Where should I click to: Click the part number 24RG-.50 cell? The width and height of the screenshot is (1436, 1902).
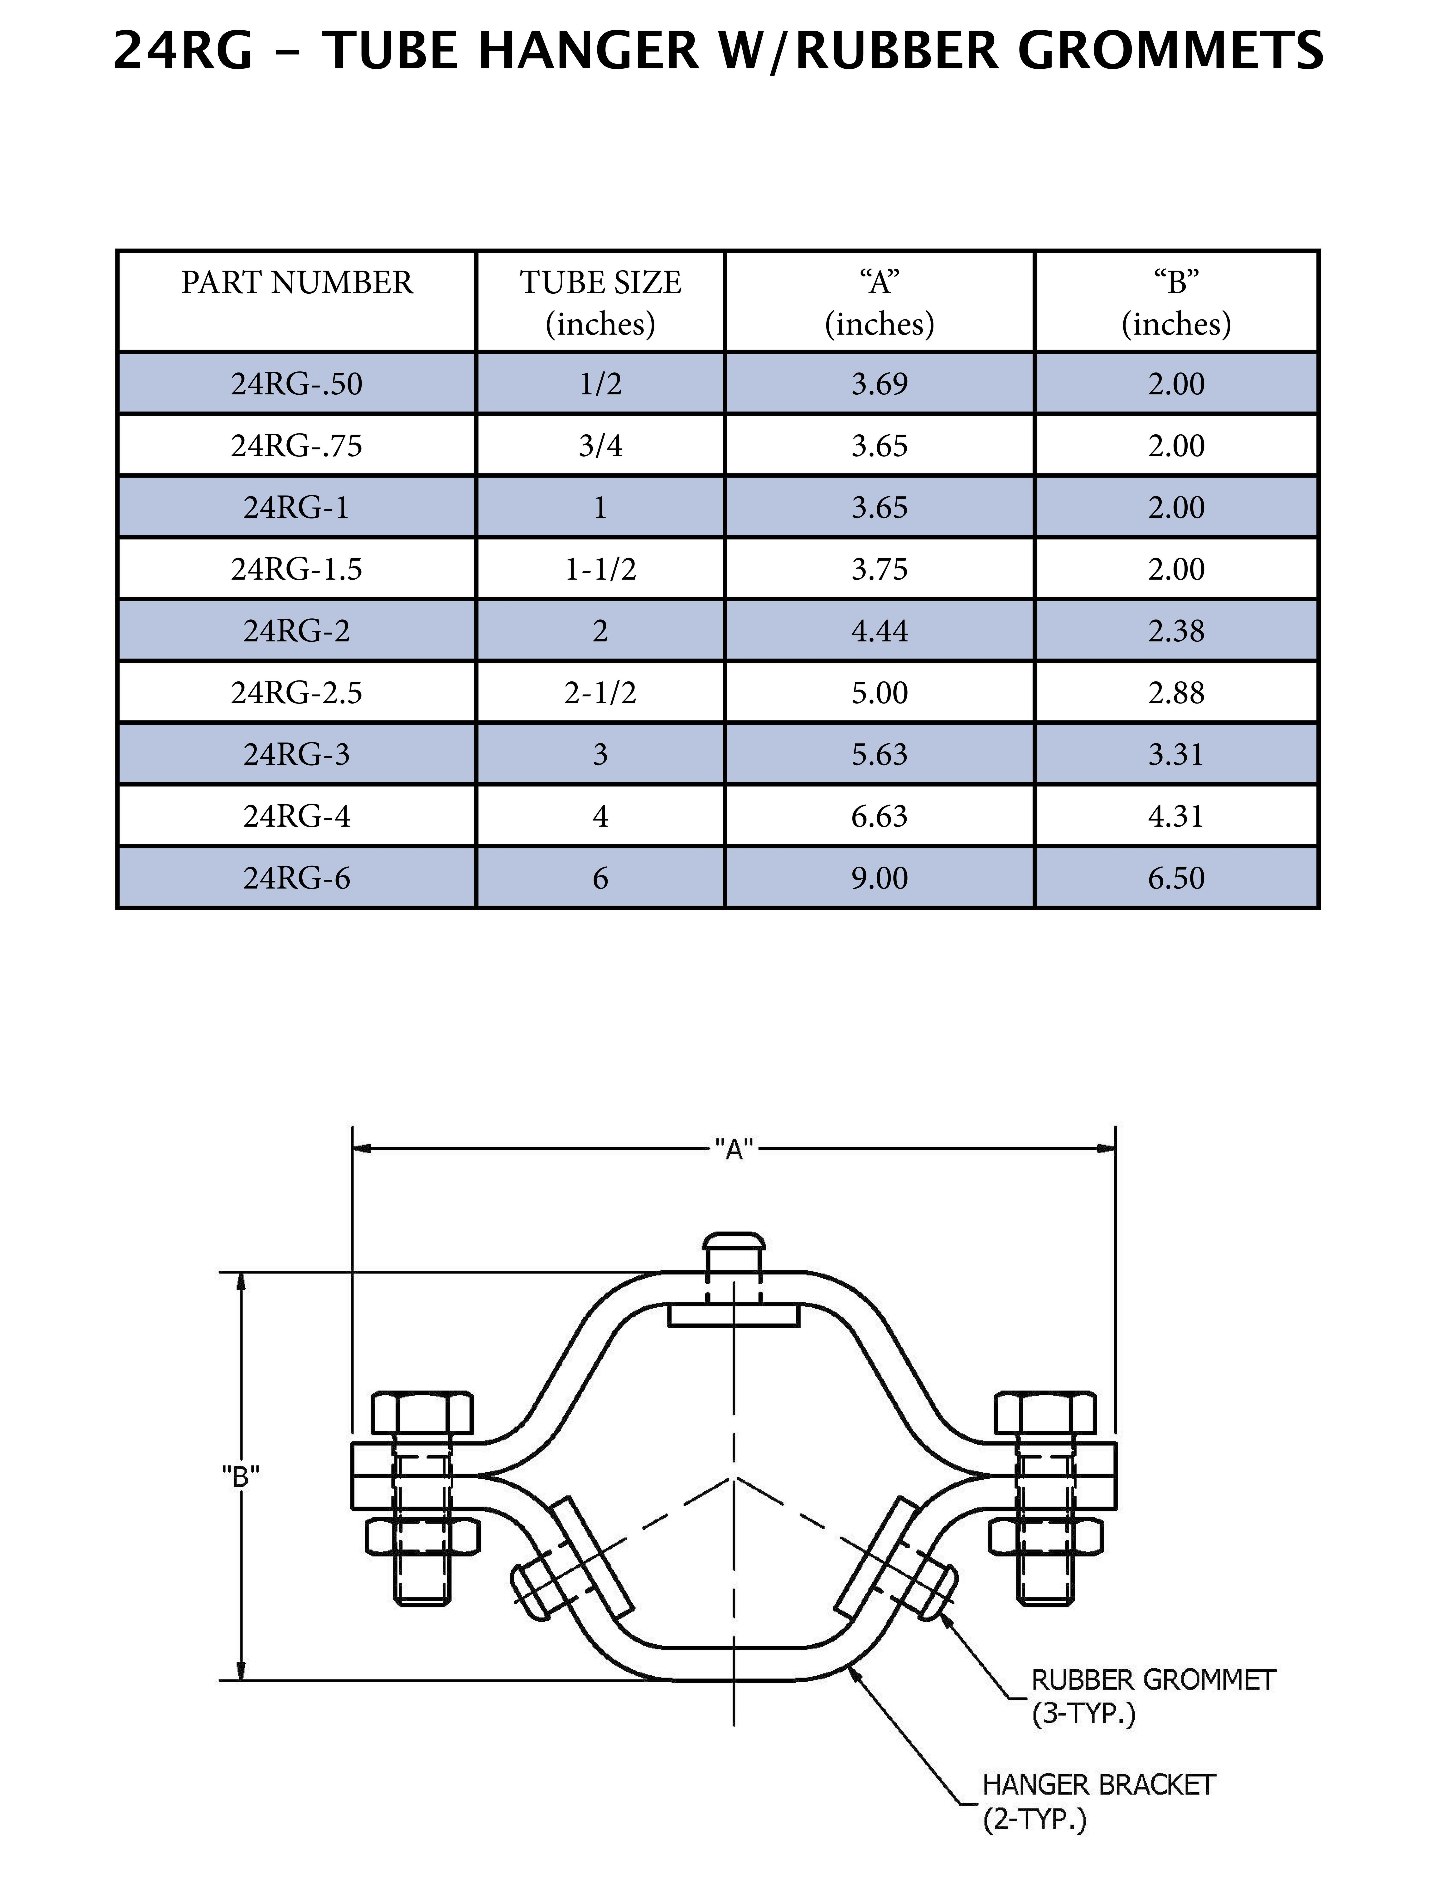point(297,383)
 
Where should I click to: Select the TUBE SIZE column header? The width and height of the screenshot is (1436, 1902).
point(600,302)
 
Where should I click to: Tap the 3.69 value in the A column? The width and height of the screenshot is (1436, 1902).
point(879,383)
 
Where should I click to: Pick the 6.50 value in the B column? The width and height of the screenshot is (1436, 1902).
point(1175,878)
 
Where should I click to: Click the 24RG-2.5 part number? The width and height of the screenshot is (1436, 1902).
point(297,692)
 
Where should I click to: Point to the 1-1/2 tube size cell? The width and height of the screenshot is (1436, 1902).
point(600,569)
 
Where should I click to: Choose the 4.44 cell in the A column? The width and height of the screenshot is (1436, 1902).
point(879,631)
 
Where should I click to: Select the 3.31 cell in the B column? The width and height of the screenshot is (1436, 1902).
point(1175,754)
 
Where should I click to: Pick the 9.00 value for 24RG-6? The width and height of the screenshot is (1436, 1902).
point(879,878)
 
